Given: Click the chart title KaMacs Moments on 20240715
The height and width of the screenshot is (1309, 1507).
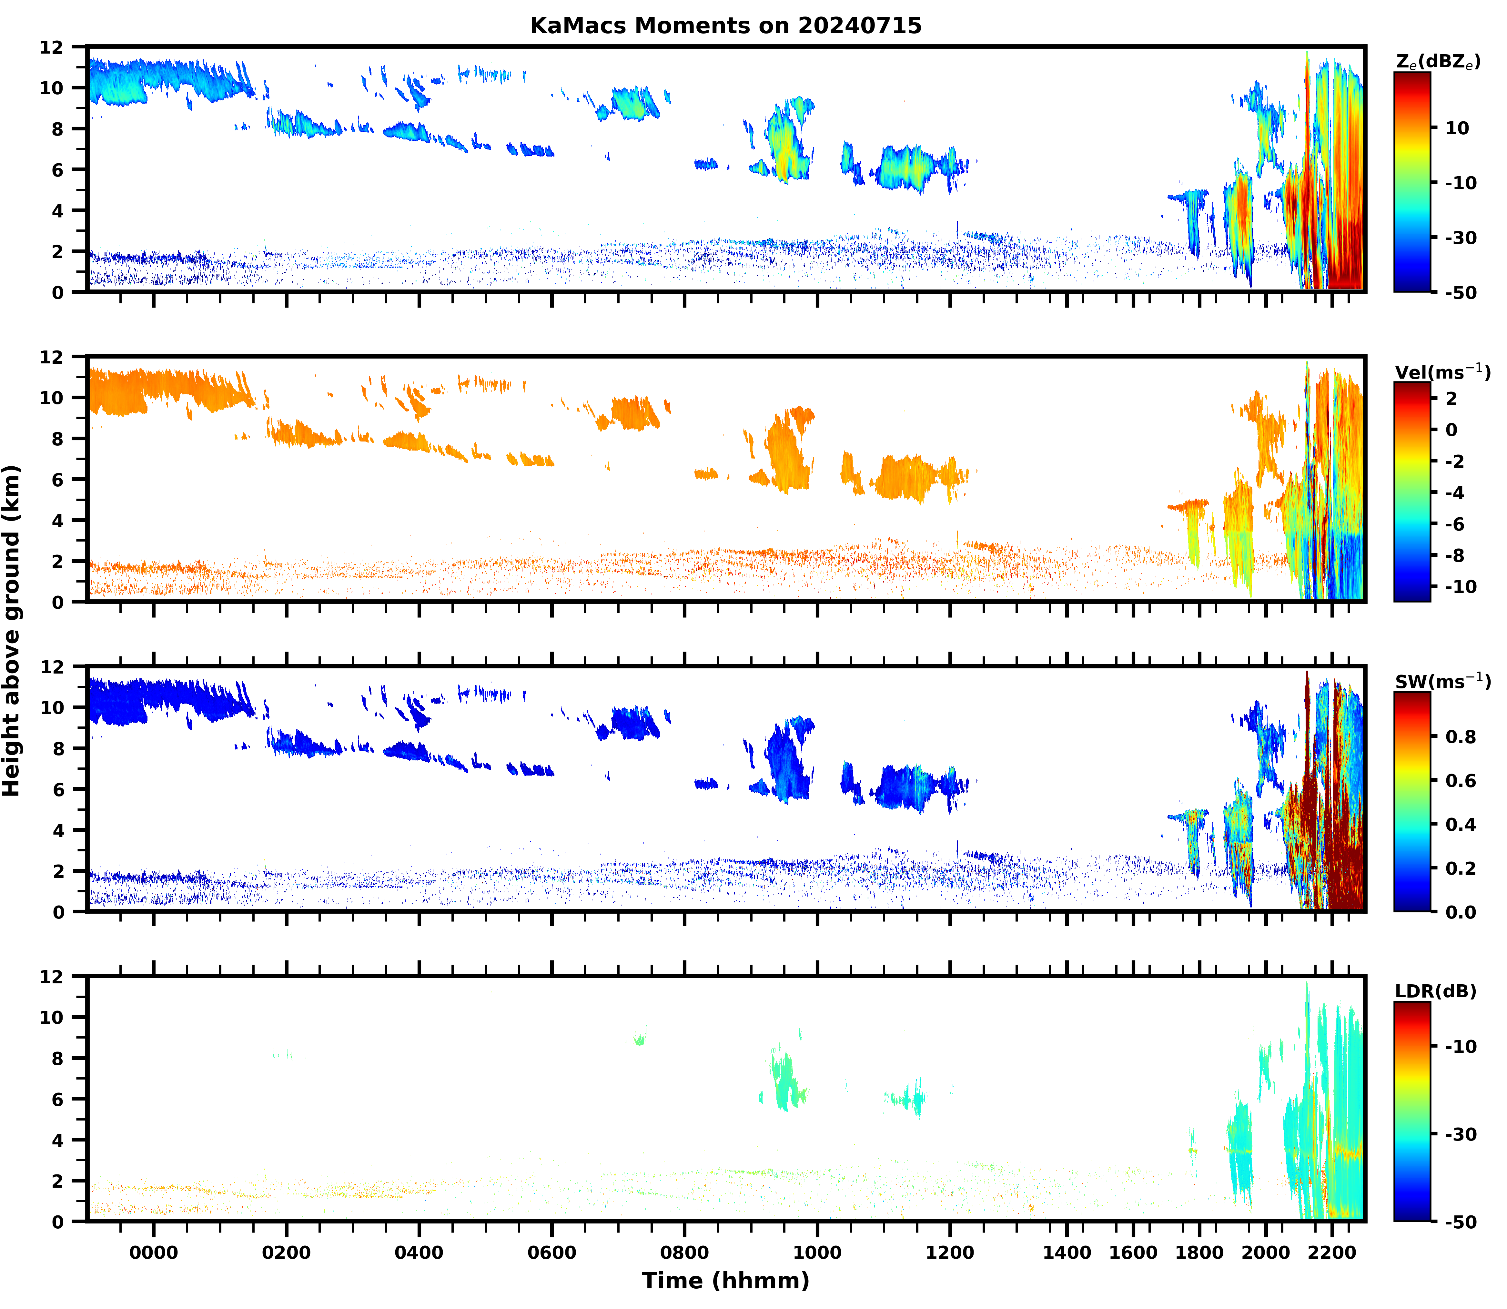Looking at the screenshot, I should point(725,25).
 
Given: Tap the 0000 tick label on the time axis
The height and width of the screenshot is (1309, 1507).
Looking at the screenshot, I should point(153,1253).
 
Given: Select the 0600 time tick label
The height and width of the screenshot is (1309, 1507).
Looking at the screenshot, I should point(551,1253).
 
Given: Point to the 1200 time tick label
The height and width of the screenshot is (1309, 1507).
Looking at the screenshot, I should point(950,1253).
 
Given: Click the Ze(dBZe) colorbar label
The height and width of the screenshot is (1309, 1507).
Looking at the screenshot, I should point(1438,62).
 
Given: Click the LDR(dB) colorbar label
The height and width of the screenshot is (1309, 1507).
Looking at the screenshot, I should point(1435,991).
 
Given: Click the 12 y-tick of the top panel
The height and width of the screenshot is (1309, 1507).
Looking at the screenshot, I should point(51,47).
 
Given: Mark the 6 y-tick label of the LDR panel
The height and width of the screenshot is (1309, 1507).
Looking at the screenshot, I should point(57,1099).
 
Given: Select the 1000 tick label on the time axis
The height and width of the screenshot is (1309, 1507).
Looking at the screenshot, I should point(817,1253).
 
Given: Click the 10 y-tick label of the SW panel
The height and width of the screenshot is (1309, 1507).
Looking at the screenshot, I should point(51,707).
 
